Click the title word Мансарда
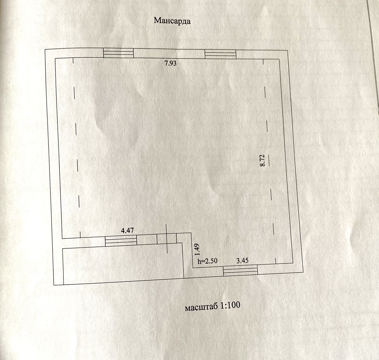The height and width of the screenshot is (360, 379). (x=172, y=21)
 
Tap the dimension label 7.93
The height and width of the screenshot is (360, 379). (x=170, y=63)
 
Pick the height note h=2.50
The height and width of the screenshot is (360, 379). (x=208, y=261)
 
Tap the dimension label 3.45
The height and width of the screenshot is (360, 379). (x=242, y=260)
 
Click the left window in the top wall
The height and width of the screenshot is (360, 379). (x=118, y=53)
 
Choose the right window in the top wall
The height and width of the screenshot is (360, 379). (x=220, y=54)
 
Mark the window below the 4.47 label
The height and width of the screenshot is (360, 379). (x=121, y=240)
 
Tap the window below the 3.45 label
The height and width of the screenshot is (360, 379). (x=240, y=271)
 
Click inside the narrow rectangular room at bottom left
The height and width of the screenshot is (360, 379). (x=123, y=263)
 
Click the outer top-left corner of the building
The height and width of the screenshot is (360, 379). (x=45, y=49)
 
